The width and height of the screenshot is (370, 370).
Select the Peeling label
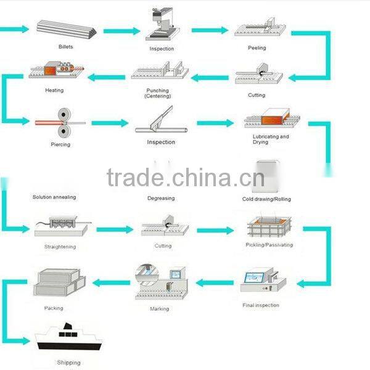[257, 47]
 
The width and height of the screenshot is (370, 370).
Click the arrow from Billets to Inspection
[121, 30]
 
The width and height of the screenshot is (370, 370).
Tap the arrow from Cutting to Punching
[209, 77]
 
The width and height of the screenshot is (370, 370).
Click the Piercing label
[60, 144]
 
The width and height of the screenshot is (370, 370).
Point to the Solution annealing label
[54, 197]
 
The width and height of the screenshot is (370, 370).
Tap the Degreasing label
[160, 198]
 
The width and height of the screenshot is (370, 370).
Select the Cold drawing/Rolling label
[266, 199]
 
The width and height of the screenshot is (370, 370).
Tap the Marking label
[159, 308]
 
